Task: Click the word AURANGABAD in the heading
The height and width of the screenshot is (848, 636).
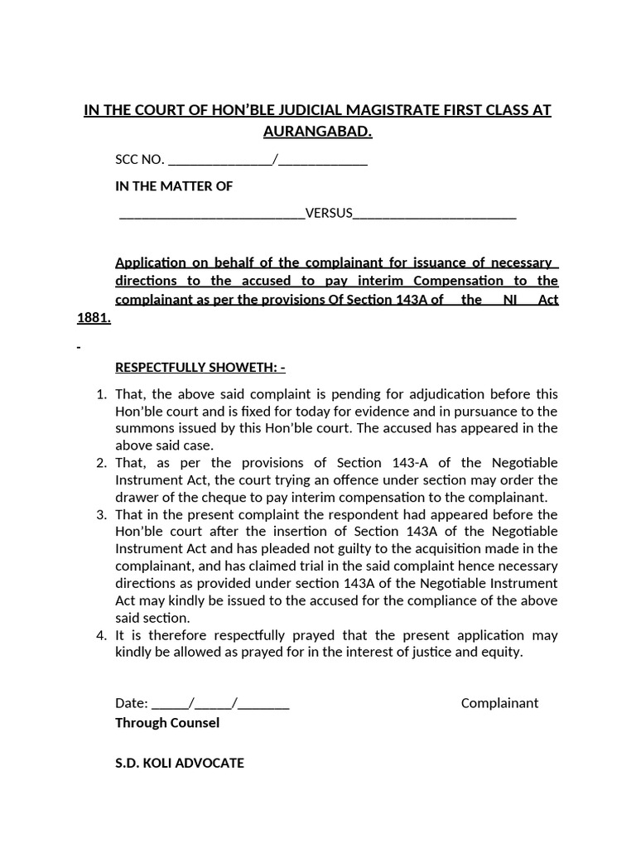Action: [317, 132]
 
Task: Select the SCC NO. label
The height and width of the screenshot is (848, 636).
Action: [140, 160]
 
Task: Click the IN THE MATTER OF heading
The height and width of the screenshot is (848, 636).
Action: [174, 186]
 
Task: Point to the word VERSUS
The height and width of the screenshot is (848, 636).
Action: [329, 214]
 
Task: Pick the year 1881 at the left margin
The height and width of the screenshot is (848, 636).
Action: [92, 318]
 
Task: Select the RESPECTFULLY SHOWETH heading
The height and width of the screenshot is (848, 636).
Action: [200, 367]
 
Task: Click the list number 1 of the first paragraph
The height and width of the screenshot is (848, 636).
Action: [102, 393]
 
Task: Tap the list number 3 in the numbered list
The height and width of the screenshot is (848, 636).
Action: [102, 514]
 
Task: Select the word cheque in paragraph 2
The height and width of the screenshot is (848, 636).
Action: [224, 497]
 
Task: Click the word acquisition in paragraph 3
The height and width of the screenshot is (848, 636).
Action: [412, 549]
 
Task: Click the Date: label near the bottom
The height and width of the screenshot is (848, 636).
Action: [131, 703]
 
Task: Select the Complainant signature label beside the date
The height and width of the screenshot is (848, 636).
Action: [499, 703]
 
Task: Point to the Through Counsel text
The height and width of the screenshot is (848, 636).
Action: [167, 723]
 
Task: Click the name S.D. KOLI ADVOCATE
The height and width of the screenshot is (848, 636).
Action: [180, 763]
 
